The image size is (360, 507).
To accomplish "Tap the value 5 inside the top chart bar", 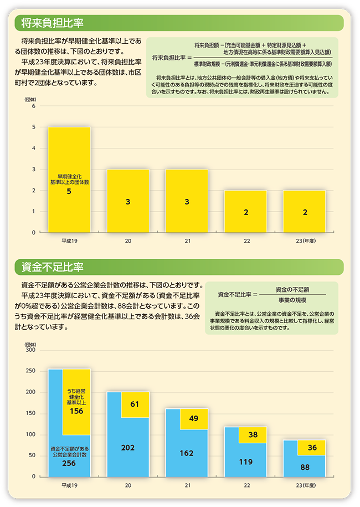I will coord(69,192).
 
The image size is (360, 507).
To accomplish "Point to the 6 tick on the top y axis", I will coord(33,106).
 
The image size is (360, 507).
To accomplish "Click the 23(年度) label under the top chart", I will coord(305,241).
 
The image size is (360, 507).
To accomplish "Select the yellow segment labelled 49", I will coord(194,419).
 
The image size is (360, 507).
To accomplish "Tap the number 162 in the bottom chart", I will coord(187,453).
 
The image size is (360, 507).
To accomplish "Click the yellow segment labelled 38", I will coord(253,435).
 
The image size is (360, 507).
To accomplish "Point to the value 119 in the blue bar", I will coord(246,462).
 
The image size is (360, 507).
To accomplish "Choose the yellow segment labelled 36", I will coord(312,447).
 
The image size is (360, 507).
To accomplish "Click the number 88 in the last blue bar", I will coord(305,468).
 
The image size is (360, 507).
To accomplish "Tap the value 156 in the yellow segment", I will coord(76,411).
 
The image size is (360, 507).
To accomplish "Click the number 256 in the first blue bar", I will coord(69,463).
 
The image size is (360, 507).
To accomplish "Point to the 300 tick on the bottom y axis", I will coord(30,350).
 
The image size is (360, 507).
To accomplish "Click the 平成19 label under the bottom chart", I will coord(69,485).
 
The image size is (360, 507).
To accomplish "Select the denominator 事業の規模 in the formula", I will coord(292,300).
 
